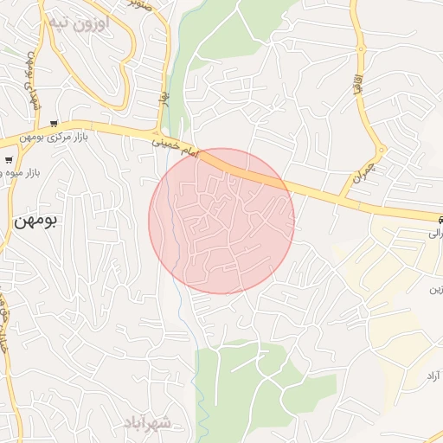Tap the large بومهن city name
35,221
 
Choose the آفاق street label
356,85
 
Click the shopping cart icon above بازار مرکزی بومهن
55,124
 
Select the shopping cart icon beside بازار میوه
8,160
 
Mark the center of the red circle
221,221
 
